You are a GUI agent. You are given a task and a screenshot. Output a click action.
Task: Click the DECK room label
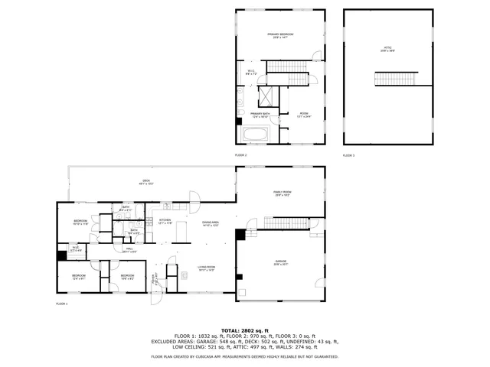click(x=146, y=182)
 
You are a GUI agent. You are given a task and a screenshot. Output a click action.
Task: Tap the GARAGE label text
click(x=280, y=262)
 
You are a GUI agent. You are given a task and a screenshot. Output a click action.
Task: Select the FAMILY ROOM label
click(x=283, y=193)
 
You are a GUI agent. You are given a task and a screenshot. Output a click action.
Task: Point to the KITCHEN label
click(x=164, y=221)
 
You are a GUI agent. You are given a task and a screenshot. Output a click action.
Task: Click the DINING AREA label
click(x=211, y=224)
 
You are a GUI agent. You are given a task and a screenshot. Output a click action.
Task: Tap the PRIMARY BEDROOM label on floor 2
click(x=280, y=35)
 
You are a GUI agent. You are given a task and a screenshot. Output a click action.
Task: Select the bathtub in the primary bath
click(x=255, y=135)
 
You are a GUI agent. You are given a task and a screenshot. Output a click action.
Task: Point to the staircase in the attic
click(x=394, y=79)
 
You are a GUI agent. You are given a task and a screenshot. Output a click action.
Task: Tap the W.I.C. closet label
click(x=250, y=73)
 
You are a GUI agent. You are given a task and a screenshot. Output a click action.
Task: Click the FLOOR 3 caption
click(x=348, y=155)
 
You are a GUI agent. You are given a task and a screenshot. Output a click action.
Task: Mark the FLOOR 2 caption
click(x=240, y=155)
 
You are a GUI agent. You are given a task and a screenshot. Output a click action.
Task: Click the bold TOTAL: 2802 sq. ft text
click(x=244, y=329)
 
